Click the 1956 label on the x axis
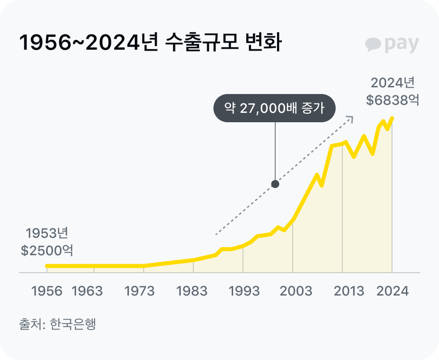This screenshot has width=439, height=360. pos(47,291)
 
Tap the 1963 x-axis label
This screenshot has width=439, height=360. pos(87,291)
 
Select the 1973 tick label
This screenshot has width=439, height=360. pos(139,291)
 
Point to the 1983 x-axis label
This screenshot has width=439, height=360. pos(192,291)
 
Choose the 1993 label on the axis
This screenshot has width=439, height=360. pos(244,291)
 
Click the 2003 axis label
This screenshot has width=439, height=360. pos(296,291)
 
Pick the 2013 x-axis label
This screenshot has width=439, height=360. pos(349,291)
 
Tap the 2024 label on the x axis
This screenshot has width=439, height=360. pos(392,291)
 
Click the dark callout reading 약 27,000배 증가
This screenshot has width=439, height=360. pos(274,108)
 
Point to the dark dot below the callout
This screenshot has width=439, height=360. pos(275,184)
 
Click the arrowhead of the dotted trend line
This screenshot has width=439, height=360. pos(351,119)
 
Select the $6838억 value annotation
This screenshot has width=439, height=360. pos(392,100)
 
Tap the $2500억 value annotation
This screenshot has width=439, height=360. pos(47,250)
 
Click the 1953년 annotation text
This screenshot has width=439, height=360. pos(47,233)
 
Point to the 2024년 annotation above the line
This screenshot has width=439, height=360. pos(393,83)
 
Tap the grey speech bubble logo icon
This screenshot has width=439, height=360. pos(373,44)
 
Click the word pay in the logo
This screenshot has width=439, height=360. pos(401,44)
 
